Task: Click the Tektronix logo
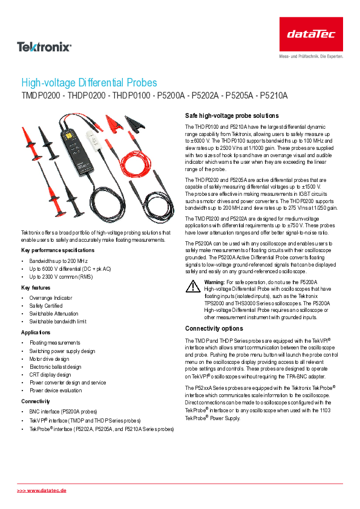click(x=44, y=46)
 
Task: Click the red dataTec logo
click(x=311, y=34)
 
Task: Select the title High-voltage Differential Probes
click(x=89, y=83)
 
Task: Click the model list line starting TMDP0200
click(x=154, y=96)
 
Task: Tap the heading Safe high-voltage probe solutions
click(x=231, y=115)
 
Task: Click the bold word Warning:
click(x=214, y=282)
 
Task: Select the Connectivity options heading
click(x=214, y=329)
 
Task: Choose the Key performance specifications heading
click(x=57, y=250)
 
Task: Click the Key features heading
click(x=36, y=288)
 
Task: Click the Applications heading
click(x=36, y=332)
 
